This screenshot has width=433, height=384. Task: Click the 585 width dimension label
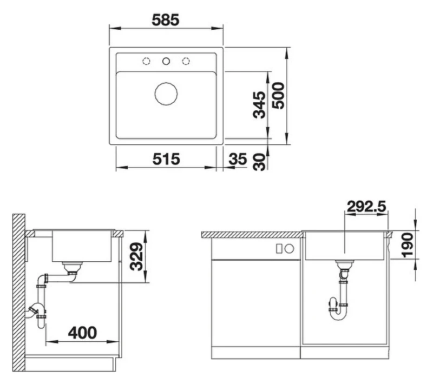166,20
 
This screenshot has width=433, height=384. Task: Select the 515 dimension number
166,159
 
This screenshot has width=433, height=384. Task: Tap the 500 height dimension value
278,95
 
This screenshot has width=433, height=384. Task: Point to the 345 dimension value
259,105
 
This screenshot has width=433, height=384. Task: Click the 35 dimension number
238,159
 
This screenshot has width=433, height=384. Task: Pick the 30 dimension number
259,162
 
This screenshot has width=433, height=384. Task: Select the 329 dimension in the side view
136,256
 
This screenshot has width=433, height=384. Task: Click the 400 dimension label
83,333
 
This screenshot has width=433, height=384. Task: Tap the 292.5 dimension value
366,207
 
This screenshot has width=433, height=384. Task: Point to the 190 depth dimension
408,245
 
